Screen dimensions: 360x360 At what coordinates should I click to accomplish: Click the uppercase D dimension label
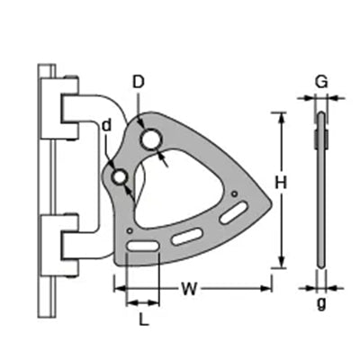[x=139, y=82]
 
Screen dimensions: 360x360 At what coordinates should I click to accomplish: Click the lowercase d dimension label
[x=106, y=126]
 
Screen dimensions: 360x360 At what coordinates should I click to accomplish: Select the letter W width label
[x=190, y=289]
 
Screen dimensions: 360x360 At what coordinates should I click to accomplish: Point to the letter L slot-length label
[x=144, y=319]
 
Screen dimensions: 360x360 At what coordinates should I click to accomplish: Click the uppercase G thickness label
[x=321, y=82]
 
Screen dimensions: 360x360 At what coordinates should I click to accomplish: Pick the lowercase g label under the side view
[x=321, y=304]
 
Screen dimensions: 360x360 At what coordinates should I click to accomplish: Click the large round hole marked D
[x=152, y=139]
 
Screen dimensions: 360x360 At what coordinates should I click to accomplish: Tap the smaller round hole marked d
[x=120, y=177]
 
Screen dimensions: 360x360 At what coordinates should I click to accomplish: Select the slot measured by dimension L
[x=142, y=247]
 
